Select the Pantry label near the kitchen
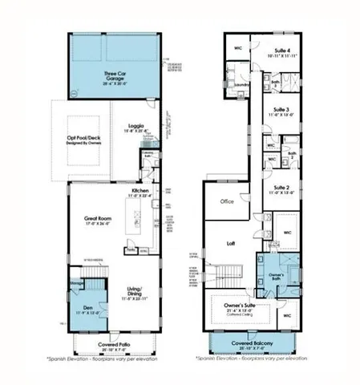click(130, 249)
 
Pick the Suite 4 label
click(280, 50)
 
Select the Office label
click(227, 202)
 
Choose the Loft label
click(230, 242)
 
